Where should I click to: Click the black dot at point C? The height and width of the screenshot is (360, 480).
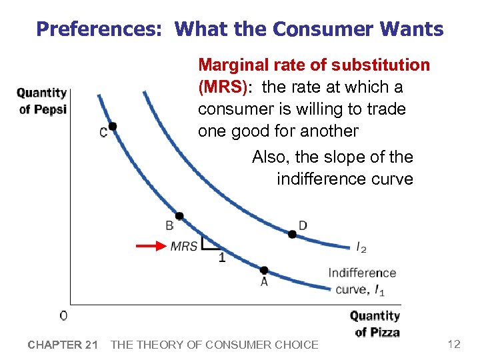click(x=113, y=126)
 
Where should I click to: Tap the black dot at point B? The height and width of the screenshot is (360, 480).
click(x=179, y=216)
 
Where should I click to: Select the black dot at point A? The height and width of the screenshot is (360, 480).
click(x=264, y=270)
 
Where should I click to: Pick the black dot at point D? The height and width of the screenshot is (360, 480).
click(x=291, y=234)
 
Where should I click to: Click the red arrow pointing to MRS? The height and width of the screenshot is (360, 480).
click(x=151, y=246)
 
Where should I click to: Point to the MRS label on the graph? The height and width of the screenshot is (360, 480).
click(x=184, y=246)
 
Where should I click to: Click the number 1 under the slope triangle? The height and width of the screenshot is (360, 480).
click(x=222, y=259)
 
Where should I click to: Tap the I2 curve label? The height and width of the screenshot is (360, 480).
click(x=361, y=248)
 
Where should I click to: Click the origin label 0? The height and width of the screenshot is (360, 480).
click(x=63, y=315)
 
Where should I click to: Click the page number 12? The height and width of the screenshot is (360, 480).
click(x=454, y=344)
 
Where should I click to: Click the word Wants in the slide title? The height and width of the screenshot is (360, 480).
click(x=413, y=29)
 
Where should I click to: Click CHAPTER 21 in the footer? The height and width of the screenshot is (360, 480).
click(x=63, y=345)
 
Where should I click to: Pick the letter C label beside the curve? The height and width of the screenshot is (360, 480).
click(x=103, y=132)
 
